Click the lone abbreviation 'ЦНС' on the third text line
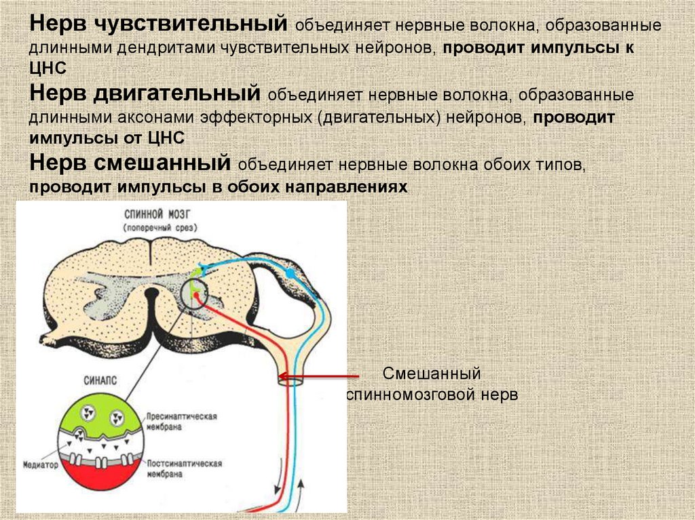pos(47,69)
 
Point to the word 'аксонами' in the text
pos(159,117)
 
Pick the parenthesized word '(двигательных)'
pos(381,117)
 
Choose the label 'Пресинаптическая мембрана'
pos(181,422)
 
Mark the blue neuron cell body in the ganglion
pos(290,273)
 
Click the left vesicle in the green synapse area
pos(88,413)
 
